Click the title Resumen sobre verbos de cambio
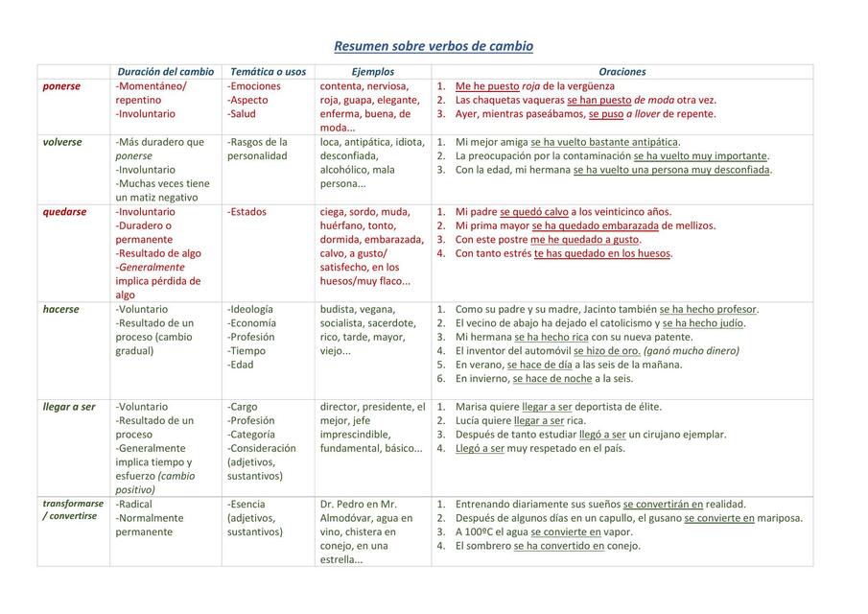point(434,46)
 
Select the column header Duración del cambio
point(165,72)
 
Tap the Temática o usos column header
point(269,72)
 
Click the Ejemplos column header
point(373,72)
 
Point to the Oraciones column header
point(622,72)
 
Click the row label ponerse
point(61,86)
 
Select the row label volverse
point(62,142)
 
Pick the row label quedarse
point(64,212)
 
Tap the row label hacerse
point(61,310)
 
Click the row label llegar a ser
point(69,407)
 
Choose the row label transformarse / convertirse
point(73,509)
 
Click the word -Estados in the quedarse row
point(247,212)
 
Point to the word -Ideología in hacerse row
point(250,310)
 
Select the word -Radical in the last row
point(134,504)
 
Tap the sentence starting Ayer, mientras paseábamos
point(585,114)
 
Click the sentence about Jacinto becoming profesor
point(606,310)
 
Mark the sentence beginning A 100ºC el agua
point(544,531)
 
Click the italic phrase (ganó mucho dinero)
point(691,351)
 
